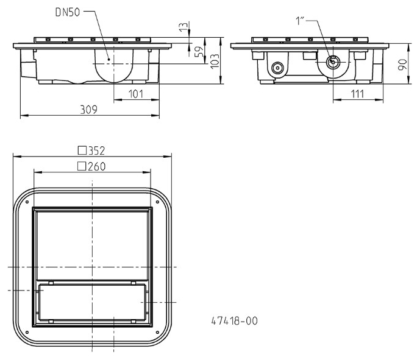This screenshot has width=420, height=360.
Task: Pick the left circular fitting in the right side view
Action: [x=278, y=68]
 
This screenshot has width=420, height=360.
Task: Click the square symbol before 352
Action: [x=81, y=150]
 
